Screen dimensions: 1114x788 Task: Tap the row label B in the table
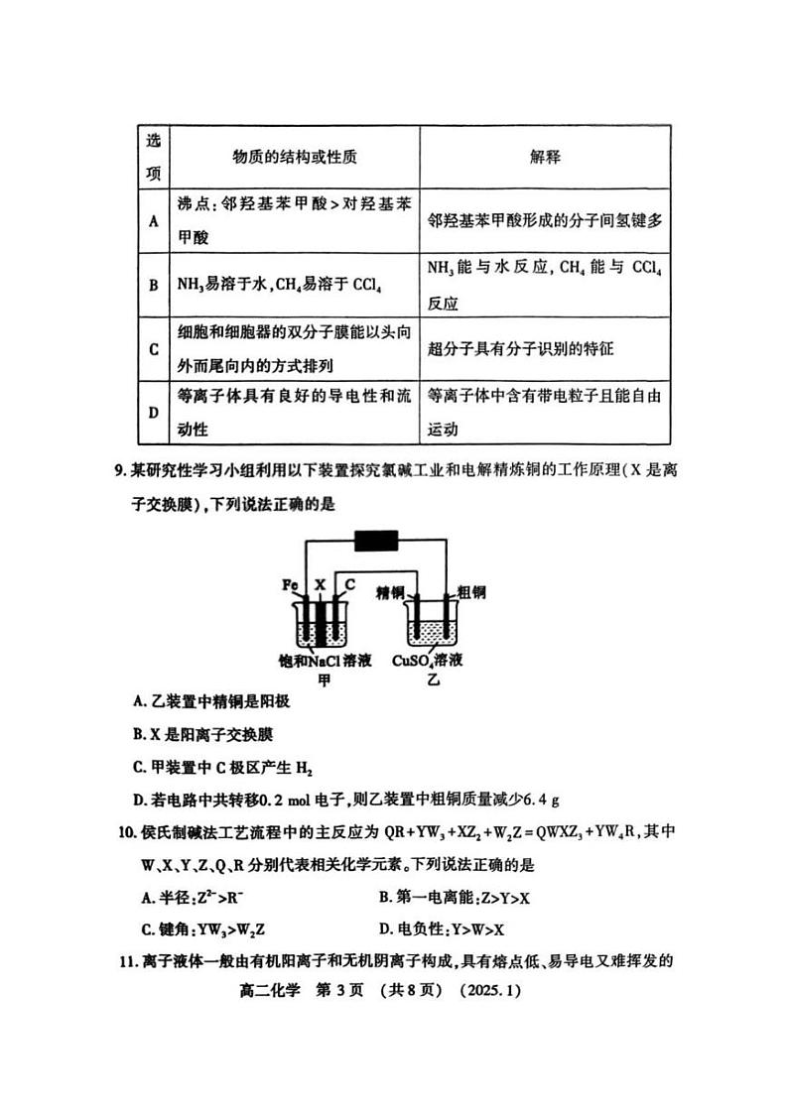154,285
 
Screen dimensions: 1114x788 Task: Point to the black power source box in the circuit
376,542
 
